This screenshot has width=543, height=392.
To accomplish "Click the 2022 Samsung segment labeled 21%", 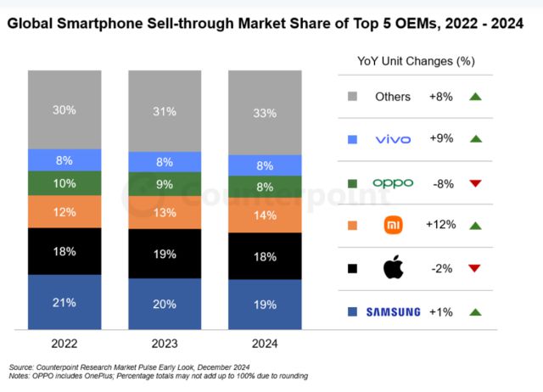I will coord(64,302).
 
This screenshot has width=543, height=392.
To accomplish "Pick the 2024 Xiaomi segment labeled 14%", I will coord(265,216).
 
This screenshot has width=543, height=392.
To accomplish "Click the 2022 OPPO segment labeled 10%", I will coord(64,183).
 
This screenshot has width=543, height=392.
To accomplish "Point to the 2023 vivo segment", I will coord(165,162).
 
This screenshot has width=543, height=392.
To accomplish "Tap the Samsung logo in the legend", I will coord(393,311).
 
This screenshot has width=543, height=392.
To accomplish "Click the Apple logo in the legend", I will coord(393,268).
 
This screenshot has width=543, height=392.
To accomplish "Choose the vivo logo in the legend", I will coord(393,139).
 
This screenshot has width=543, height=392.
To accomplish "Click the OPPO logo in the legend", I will coord(393,182).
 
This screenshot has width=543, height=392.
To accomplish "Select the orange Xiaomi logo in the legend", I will coord(393,225).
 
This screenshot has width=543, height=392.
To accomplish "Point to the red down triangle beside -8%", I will coord(474,182).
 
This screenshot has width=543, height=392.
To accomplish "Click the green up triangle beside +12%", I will coord(474,225).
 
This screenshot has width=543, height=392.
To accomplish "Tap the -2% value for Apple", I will coord(441,268).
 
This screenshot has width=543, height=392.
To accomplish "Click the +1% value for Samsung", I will coord(441,311).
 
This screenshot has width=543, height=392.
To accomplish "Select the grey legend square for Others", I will coord(351,97).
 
